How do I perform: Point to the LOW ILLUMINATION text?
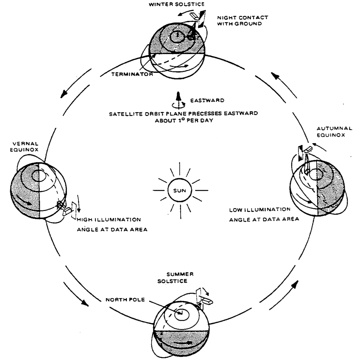coord(260,210)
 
